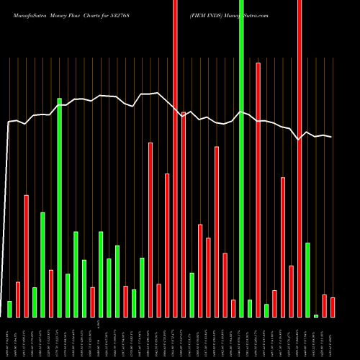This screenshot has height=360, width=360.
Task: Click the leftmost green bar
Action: coord(10,309)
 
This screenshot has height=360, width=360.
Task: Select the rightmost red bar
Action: coord(333,307)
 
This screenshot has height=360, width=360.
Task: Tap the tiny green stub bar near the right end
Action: coord(316,315)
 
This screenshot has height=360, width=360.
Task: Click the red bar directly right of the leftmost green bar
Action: coord(18,300)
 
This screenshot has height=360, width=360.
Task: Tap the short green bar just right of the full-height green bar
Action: coord(250,308)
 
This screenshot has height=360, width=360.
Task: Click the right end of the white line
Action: coord(332,137)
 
